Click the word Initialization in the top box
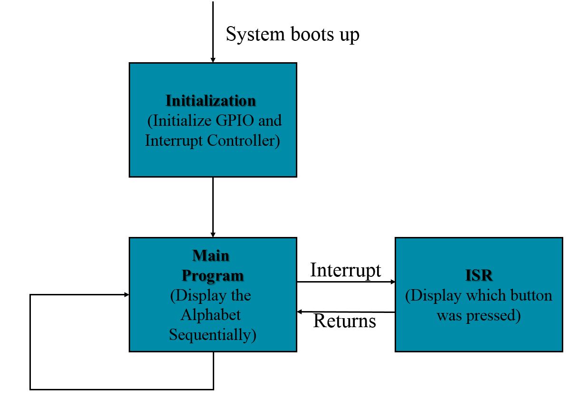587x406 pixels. (210, 101)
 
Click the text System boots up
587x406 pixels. (292, 35)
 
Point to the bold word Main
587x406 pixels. (211, 255)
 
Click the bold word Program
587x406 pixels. (213, 275)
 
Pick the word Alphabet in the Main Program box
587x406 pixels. (211, 315)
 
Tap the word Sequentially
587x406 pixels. (212, 335)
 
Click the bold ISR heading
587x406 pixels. (478, 275)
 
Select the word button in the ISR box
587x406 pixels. (530, 295)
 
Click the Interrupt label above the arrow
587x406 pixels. (345, 270)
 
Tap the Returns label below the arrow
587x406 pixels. (345, 321)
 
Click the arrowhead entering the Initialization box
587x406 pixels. (213, 60)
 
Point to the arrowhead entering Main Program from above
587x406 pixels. (213, 235)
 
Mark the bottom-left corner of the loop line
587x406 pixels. (30, 389)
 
